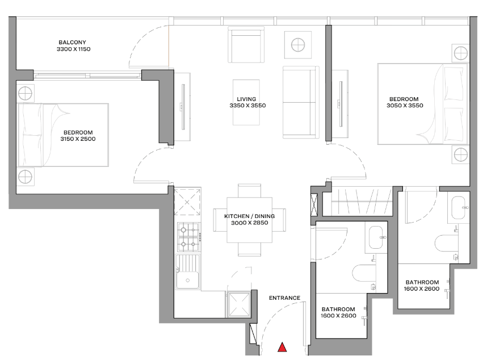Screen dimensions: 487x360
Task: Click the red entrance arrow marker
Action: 282,348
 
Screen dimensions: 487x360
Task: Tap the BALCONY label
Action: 72,42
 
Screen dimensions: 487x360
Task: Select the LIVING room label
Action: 246,99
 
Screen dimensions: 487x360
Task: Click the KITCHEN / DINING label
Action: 249,216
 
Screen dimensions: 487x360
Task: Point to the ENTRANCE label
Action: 284,298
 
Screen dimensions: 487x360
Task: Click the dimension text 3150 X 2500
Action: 78,139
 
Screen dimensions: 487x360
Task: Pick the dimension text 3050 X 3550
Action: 405,105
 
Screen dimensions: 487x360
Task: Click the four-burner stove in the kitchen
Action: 188,237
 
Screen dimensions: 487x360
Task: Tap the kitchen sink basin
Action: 188,280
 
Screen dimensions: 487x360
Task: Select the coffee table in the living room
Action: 246,103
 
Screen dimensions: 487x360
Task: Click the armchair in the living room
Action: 246,45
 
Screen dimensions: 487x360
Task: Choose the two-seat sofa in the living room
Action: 301,102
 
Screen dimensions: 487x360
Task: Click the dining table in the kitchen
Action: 249,220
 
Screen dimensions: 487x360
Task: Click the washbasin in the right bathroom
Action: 460,207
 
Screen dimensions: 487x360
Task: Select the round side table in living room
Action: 298,45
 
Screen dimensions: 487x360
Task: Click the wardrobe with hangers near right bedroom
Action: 362,201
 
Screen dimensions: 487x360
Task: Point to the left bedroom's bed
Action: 64,135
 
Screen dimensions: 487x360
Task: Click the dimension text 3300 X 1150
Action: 74,49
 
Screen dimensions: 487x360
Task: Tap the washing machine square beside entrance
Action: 239,305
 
